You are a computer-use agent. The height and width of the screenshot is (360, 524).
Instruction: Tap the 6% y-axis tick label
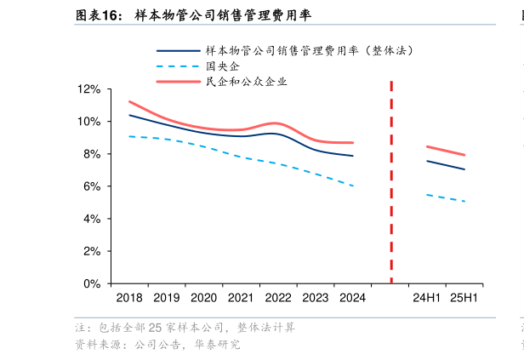pyautogui.click(x=91, y=186)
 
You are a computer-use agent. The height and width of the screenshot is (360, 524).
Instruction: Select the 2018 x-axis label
pyautogui.click(x=128, y=298)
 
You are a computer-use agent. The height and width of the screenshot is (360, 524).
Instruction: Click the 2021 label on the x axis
pyautogui.click(x=241, y=298)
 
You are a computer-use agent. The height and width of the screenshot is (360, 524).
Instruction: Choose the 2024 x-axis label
pyautogui.click(x=352, y=298)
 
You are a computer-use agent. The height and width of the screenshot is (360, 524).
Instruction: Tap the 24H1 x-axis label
pyautogui.click(x=426, y=298)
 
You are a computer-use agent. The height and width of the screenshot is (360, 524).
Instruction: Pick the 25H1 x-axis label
pyautogui.click(x=464, y=298)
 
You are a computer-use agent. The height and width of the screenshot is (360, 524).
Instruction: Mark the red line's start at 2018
pyautogui.click(x=129, y=101)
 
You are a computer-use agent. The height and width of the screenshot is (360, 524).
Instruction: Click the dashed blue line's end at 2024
pyautogui.click(x=352, y=186)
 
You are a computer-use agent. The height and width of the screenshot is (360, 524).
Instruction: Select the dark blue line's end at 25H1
pyautogui.click(x=464, y=169)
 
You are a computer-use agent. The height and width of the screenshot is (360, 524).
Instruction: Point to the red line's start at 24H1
pyautogui.click(x=427, y=146)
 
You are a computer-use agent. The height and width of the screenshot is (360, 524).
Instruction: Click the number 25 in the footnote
pyautogui.click(x=157, y=329)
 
